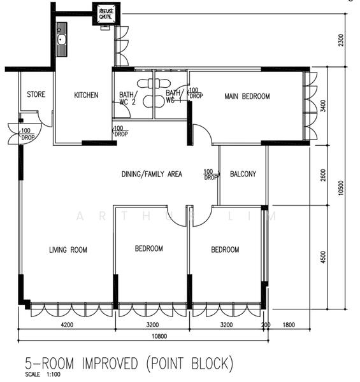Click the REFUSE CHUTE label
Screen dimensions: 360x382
106,13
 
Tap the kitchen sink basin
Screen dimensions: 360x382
61,39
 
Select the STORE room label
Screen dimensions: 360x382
36,94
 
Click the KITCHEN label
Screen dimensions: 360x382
86,95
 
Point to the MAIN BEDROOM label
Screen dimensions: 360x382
247,96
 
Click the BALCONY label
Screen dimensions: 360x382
243,174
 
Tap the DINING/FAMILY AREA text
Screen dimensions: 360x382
152,174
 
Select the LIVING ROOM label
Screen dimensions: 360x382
68,250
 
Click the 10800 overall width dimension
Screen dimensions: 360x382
159,336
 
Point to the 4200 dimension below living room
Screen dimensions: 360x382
67,325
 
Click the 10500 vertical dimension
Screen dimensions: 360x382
341,188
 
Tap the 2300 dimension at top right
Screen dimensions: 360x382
342,40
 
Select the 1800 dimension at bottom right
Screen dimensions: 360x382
289,325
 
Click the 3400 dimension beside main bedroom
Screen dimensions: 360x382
323,106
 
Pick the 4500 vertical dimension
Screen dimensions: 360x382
323,257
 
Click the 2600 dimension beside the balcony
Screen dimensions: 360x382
323,175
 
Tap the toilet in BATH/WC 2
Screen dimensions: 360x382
145,83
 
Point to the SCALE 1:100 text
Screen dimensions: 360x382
43,374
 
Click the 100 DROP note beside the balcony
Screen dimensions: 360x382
210,174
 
